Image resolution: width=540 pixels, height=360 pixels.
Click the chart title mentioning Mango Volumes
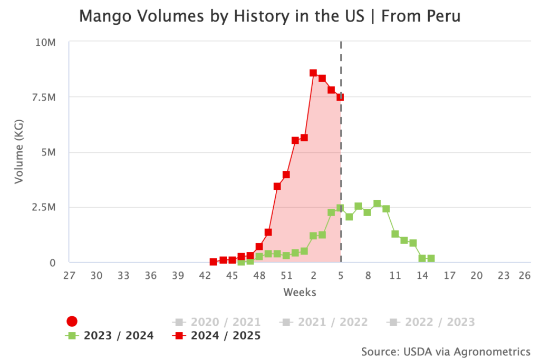tap(269, 16)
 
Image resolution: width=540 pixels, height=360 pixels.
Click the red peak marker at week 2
tap(313, 73)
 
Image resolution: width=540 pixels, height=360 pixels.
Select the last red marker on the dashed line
tap(340, 97)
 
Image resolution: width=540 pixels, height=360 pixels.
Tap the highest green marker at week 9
tap(377, 203)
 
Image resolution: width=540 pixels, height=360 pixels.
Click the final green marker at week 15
tap(431, 258)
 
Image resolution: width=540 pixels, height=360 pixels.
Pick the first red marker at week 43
tap(214, 262)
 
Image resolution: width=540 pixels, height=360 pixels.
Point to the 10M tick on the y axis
tap(45, 42)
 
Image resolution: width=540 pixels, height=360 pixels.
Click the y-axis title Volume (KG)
tap(20, 152)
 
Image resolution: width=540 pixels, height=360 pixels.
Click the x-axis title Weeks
tap(300, 291)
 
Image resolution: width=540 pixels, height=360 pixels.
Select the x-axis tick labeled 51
tap(286, 275)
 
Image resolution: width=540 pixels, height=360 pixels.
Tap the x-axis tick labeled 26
tap(524, 275)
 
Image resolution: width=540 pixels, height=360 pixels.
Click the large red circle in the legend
tap(72, 322)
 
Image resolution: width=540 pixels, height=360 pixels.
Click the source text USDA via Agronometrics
tap(446, 351)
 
